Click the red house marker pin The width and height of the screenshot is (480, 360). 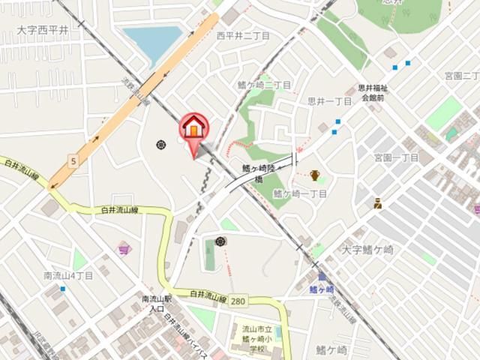pos(193,129)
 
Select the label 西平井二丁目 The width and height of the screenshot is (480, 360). pos(243,35)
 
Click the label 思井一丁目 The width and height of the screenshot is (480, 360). pos(330,100)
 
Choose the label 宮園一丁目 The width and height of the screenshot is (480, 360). pos(396,157)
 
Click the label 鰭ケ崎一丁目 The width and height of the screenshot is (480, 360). pos(300,193)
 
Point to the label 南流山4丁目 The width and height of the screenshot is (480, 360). pos(68,275)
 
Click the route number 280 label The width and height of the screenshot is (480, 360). pos(238,301)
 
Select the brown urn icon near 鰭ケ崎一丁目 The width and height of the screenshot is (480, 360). pos(315,175)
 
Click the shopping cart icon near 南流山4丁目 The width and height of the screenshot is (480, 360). pos(124,248)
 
